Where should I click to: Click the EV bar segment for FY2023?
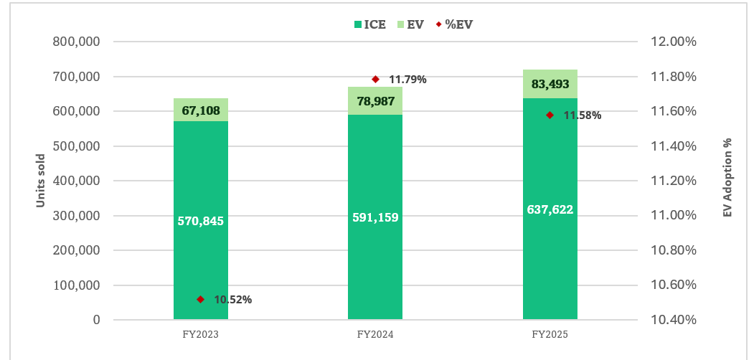(201, 110)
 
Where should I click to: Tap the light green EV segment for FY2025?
(550, 84)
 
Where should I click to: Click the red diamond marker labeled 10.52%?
(201, 299)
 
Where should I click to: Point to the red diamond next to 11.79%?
(375, 79)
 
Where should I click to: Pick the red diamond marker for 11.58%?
(550, 115)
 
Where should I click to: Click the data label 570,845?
(201, 221)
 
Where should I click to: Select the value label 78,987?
(375, 100)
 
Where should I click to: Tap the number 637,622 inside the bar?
(550, 209)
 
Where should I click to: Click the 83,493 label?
(550, 85)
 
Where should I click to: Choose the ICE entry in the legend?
(370, 24)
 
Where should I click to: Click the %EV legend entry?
(455, 24)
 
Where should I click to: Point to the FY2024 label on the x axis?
(375, 334)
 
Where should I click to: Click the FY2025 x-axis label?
(550, 334)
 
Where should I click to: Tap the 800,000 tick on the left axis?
(77, 42)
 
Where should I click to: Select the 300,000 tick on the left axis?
(77, 216)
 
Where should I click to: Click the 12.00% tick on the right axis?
(673, 42)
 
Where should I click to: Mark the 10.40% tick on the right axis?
(673, 320)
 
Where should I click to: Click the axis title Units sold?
(41, 181)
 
